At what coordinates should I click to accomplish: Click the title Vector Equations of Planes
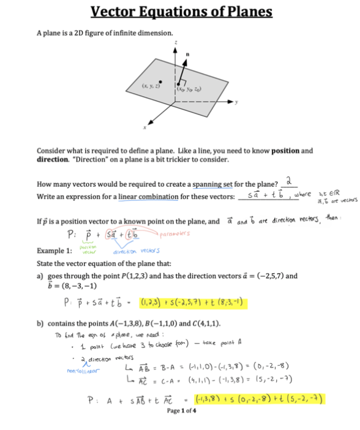pyautogui.click(x=181, y=12)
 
